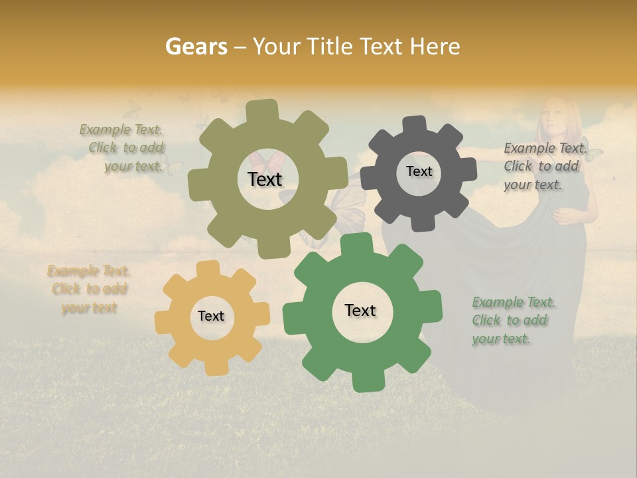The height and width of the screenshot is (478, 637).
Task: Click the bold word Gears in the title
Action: tap(196, 46)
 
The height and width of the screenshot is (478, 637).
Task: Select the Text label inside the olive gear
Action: tap(265, 179)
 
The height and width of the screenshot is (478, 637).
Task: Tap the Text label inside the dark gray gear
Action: tap(419, 171)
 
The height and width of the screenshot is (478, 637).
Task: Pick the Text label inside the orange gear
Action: tap(211, 316)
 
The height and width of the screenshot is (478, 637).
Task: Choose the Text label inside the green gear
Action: tap(360, 310)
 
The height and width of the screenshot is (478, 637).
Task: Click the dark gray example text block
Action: tap(545, 166)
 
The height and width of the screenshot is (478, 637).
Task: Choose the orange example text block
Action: tap(89, 289)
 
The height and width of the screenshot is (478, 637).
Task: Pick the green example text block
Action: tap(513, 320)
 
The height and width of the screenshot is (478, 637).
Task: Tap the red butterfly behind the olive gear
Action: tap(266, 159)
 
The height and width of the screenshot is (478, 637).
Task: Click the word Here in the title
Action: tap(435, 46)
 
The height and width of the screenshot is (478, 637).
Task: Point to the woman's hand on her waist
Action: tap(565, 216)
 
